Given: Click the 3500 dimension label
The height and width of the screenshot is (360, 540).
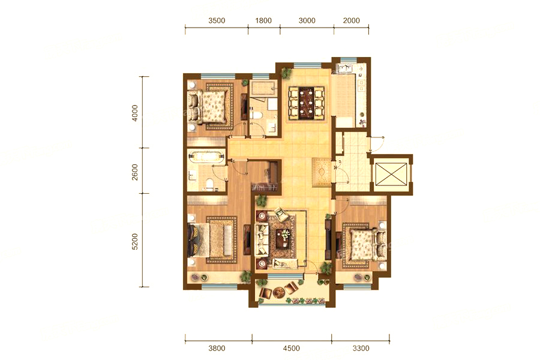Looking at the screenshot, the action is click(217, 20).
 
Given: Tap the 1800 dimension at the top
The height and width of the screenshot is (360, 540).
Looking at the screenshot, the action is click(263, 20).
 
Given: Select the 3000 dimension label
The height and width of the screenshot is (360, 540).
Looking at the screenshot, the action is click(307, 20).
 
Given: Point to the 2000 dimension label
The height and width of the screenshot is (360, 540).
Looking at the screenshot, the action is click(351, 20).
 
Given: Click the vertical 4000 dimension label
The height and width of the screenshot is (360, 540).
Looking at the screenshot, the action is click(135, 113).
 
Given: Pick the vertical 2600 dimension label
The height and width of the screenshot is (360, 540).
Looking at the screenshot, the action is click(135, 172).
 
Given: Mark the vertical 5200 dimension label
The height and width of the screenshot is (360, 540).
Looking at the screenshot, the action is click(135, 241).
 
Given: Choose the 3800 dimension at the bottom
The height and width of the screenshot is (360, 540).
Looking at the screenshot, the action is click(217, 348).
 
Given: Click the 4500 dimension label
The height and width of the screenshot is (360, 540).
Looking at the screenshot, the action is click(292, 348).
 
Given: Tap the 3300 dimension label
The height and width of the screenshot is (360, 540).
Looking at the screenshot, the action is click(361, 348).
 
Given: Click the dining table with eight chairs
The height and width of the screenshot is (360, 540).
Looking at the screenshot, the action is click(307, 103).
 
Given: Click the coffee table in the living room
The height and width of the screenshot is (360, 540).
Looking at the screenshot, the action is click(284, 238).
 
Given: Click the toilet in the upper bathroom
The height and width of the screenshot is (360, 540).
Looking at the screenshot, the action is click(256, 115).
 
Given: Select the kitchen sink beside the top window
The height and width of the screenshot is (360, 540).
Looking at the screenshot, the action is click(345, 69).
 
